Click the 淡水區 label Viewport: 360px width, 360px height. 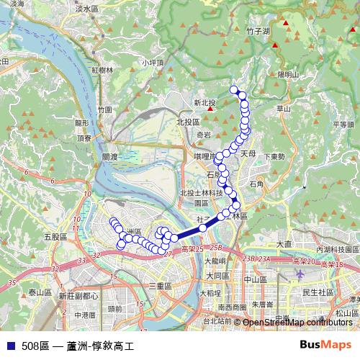tap(86, 9)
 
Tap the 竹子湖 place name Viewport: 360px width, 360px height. tap(257, 32)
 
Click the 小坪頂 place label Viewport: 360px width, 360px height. tap(153, 63)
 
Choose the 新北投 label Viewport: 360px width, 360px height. tap(204, 103)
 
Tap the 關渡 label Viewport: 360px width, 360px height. tap(109, 156)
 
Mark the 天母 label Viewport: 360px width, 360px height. tap(248, 153)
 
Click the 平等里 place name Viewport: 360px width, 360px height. tap(343, 125)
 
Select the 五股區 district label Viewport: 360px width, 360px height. tap(54, 236)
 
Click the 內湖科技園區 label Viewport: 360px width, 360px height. tap(336, 249)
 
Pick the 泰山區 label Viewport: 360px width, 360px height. tap(40, 292)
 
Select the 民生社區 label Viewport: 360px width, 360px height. tap(318, 292)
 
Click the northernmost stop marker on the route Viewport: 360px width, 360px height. tap(233, 90)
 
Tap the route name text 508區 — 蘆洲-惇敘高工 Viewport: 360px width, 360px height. tap(78, 346)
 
